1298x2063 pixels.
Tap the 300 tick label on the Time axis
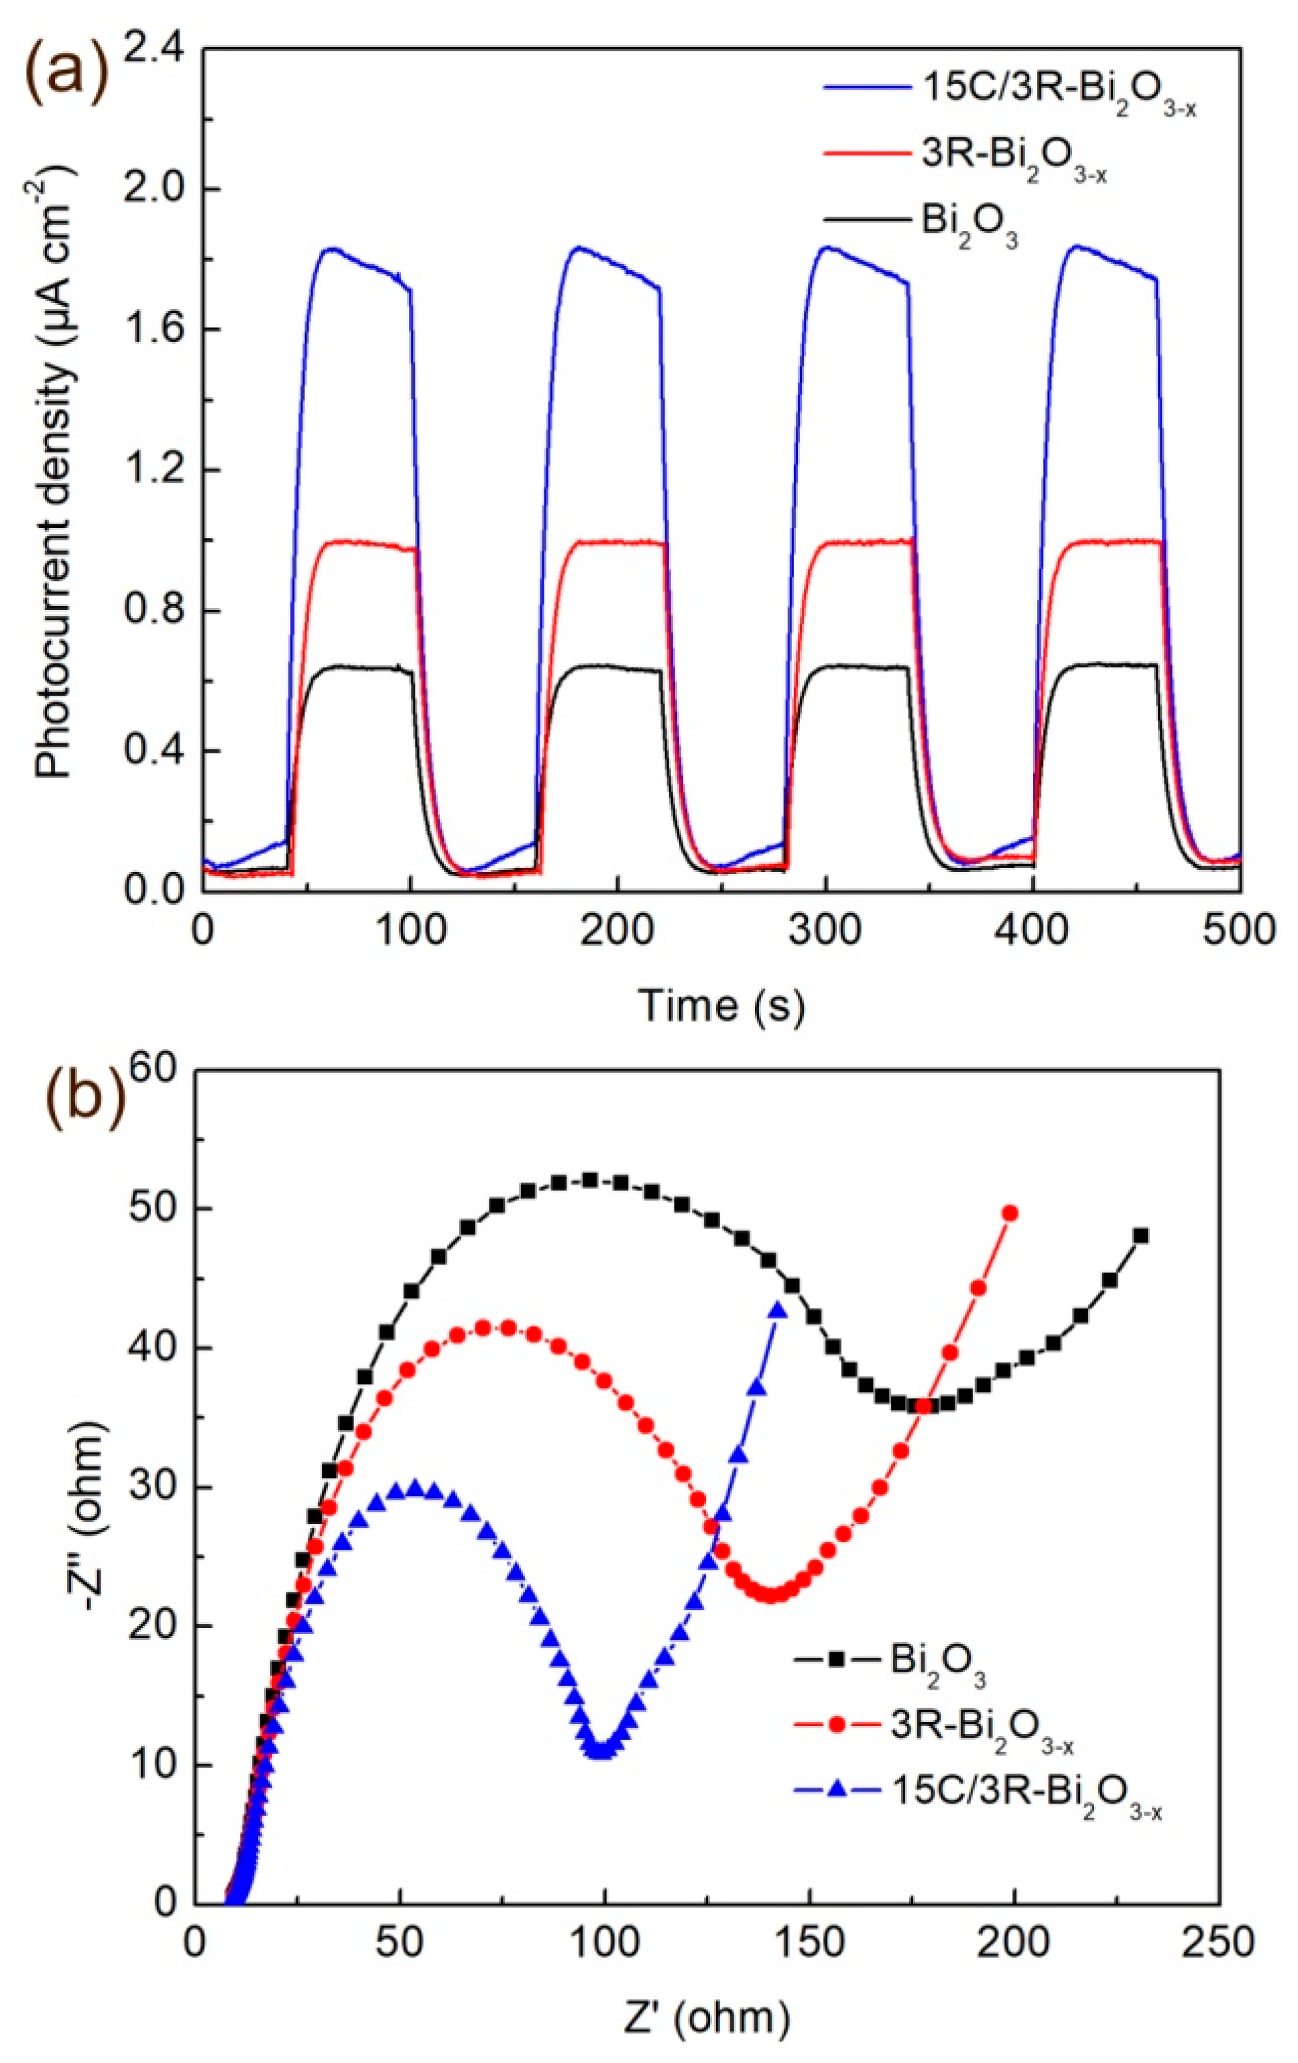(824, 930)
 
